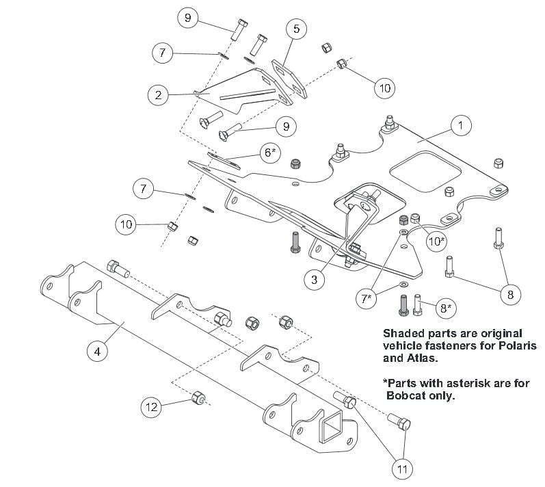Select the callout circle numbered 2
click(158, 94)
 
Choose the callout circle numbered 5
click(296, 29)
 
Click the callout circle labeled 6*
click(269, 153)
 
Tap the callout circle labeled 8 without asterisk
click(510, 295)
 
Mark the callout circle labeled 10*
click(436, 240)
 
